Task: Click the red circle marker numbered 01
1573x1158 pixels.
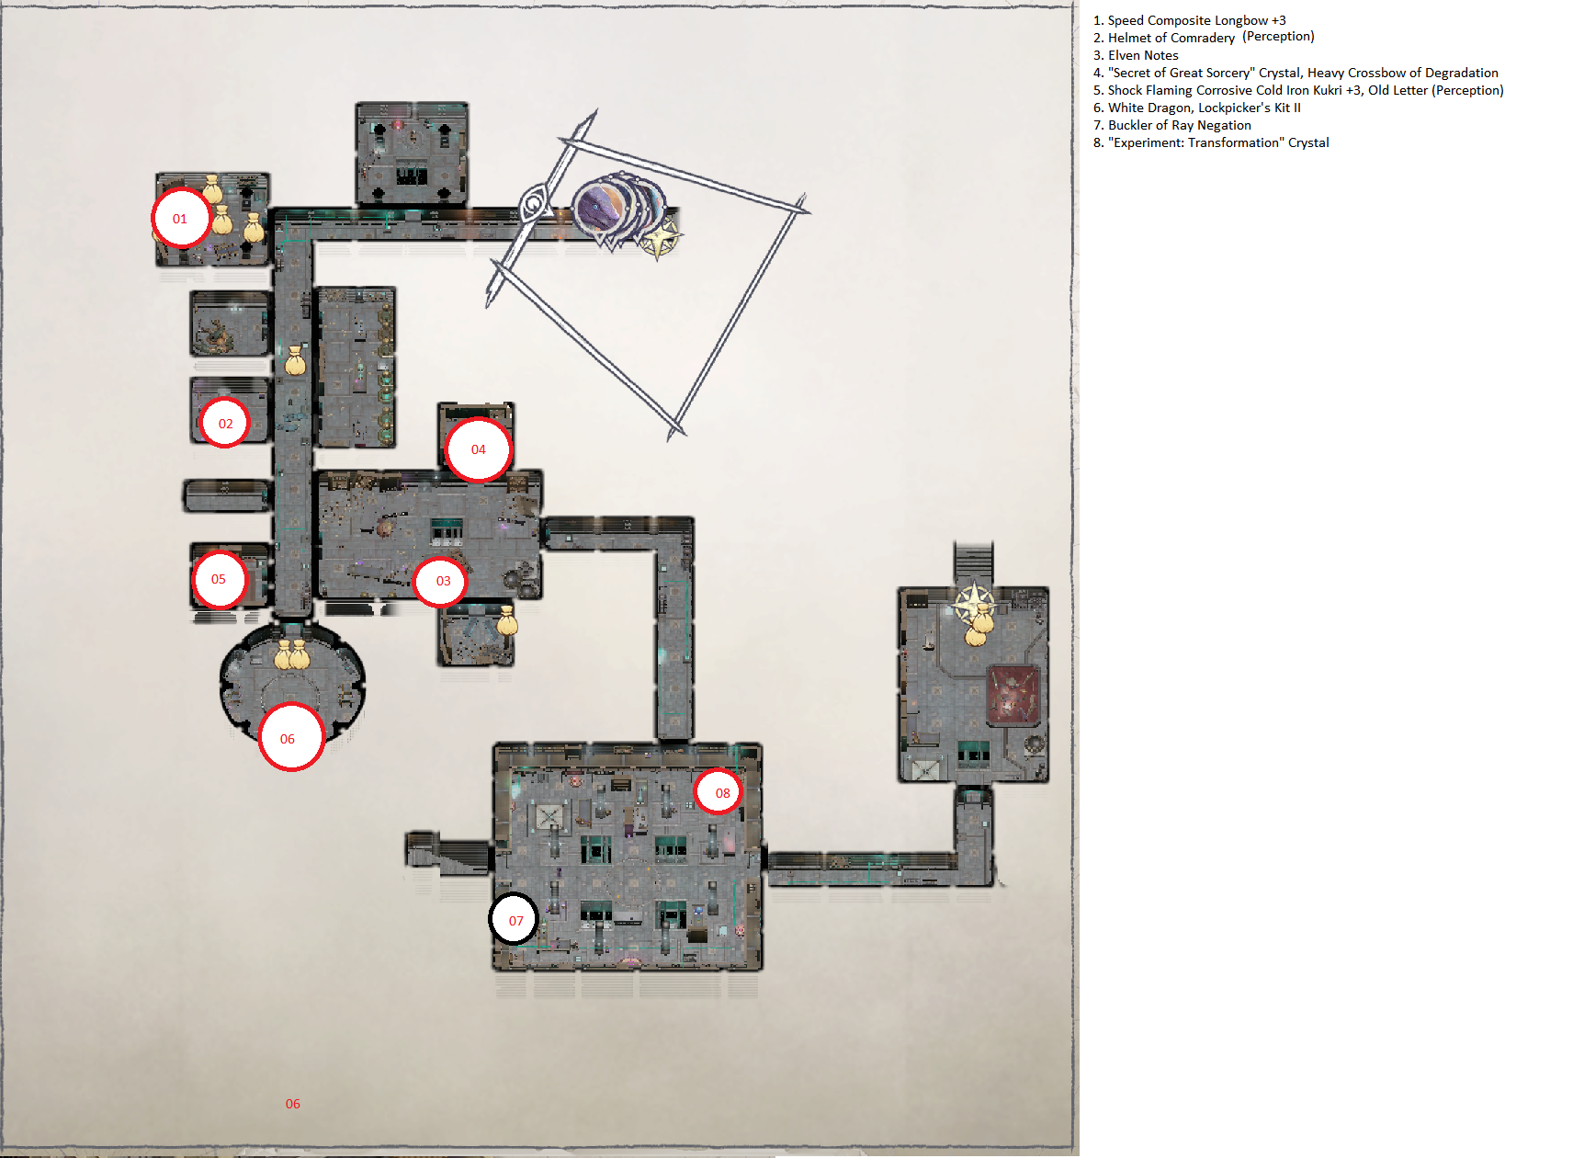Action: [180, 219]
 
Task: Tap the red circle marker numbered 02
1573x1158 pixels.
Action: [225, 424]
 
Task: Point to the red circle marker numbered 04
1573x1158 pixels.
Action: [478, 449]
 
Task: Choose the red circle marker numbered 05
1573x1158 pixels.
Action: [219, 579]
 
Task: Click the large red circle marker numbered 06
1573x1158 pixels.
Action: [290, 737]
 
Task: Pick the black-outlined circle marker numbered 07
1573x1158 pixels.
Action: [515, 920]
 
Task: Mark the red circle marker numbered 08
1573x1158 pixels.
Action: [719, 792]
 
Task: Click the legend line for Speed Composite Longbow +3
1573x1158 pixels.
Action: [1190, 20]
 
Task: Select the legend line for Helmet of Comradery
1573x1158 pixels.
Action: [1204, 37]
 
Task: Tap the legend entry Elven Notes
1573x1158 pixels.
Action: [1136, 55]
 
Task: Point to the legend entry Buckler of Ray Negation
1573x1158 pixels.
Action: [1172, 125]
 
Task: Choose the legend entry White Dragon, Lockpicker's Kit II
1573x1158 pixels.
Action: [1197, 108]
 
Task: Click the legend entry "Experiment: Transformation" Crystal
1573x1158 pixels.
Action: [1211, 142]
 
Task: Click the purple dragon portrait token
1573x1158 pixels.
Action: [600, 207]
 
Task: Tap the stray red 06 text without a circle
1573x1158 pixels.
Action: [292, 1104]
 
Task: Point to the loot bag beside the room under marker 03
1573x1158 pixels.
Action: [507, 621]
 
